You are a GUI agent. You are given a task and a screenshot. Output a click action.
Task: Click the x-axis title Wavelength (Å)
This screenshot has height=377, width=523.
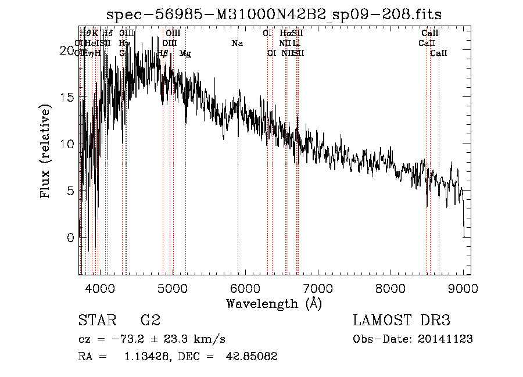(x=274, y=303)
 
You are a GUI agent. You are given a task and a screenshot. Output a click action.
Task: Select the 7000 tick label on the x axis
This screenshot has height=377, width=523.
(x=318, y=288)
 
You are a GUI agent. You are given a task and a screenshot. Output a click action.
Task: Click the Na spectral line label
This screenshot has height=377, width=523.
(x=237, y=44)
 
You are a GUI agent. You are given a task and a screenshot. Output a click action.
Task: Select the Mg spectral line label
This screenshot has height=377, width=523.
(x=185, y=53)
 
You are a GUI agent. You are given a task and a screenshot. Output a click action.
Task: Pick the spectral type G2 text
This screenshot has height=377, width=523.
(x=151, y=321)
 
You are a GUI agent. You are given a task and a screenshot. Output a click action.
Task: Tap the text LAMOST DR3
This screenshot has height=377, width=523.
(x=402, y=321)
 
